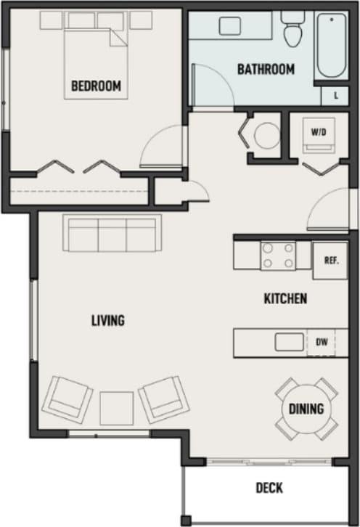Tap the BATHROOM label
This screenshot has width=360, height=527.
266,70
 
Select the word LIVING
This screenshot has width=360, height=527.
108,320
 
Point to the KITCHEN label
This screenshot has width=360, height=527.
285,298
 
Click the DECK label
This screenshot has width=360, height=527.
269,488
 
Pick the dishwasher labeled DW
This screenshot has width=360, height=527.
322,341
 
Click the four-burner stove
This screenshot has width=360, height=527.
279,256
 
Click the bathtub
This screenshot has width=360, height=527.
332,45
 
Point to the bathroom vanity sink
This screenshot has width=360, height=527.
231,26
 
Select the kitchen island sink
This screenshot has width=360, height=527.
289,341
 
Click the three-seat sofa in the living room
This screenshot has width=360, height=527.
112,234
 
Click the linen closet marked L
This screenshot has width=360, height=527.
335,95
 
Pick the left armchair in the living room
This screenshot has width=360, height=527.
67,399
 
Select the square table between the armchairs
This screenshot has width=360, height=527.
116,407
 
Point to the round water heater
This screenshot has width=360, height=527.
265,135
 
